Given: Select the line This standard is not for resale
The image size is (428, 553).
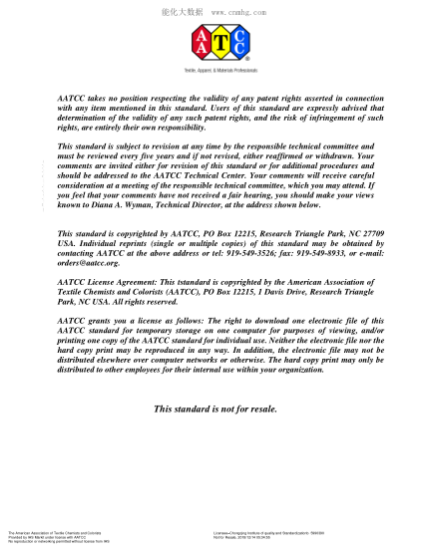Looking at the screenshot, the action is (214, 410).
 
